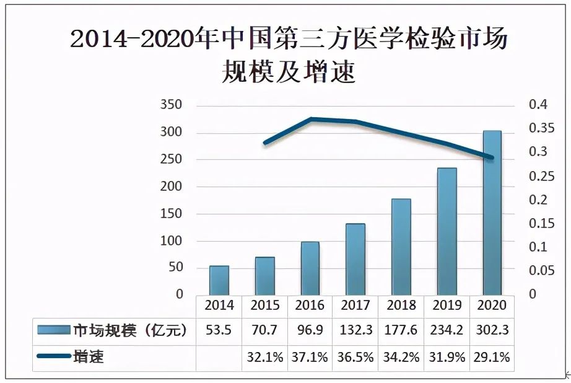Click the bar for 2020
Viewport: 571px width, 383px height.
[492, 212]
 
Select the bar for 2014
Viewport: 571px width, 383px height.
[219, 280]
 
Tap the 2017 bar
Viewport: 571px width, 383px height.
[355, 259]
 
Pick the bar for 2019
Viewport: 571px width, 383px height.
[447, 231]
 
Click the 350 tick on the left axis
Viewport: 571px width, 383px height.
[172, 105]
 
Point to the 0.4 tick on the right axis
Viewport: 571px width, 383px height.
[538, 105]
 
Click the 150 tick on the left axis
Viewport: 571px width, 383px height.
[172, 214]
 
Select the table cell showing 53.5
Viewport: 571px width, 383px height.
[219, 330]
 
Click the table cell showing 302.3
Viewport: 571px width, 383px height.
[492, 330]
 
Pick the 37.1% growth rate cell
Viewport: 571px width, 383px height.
[310, 357]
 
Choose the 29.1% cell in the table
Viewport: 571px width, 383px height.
[492, 357]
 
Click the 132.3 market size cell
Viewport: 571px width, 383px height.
[355, 330]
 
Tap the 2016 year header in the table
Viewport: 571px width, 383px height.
[310, 305]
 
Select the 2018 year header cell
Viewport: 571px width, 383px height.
[401, 305]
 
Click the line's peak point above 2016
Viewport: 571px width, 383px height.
[311, 118]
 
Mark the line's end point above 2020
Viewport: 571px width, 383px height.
[492, 158]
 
